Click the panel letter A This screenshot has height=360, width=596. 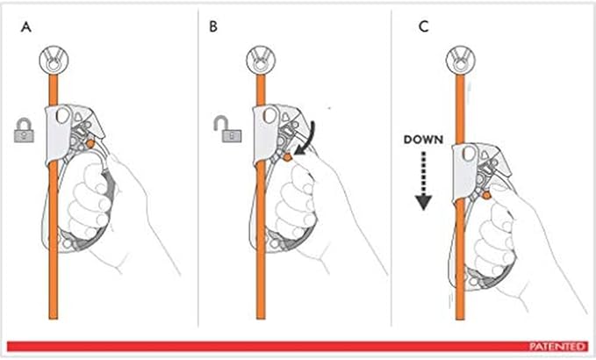point(26,27)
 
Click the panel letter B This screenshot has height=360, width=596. point(213,26)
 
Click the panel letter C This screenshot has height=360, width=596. point(423,26)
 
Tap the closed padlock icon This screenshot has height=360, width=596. point(24,131)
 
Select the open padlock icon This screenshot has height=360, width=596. point(227,129)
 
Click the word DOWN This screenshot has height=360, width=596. point(423,140)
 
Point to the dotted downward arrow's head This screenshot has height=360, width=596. point(423,202)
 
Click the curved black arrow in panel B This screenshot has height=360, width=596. point(308,139)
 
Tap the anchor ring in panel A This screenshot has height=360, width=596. point(54,61)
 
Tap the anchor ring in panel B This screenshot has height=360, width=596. point(261,61)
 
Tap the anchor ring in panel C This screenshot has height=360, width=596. point(460,61)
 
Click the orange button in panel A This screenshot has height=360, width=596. point(90,144)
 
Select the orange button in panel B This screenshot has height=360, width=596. point(288,156)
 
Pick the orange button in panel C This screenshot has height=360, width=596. point(486,196)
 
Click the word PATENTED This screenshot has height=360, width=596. point(557,346)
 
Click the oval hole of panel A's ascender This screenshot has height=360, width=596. point(63,115)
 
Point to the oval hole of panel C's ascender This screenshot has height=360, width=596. point(470,155)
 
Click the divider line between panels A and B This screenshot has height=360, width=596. point(198,167)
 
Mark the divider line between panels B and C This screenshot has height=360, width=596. point(391,167)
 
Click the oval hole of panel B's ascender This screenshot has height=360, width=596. point(270,115)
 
